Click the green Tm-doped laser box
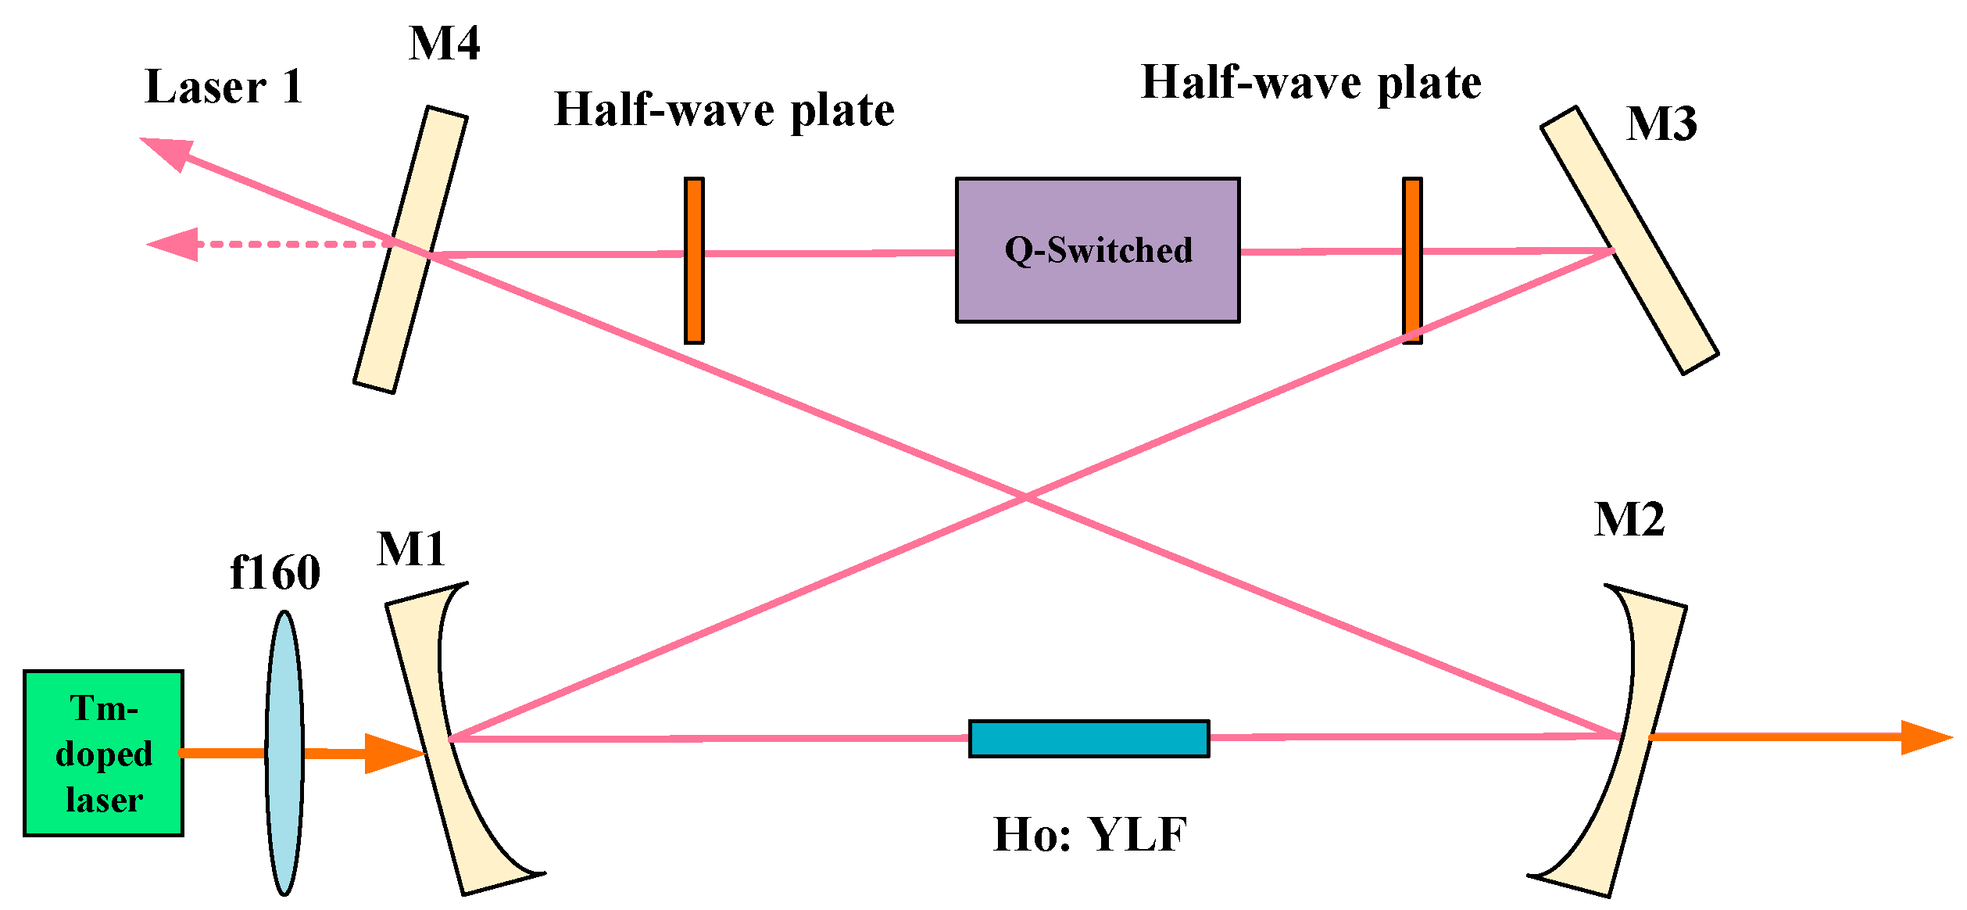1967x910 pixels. pyautogui.click(x=103, y=753)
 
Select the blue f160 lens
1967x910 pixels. pyautogui.click(x=284, y=753)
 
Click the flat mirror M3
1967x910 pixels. pyautogui.click(x=1630, y=240)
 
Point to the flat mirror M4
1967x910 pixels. pyautogui.click(x=410, y=250)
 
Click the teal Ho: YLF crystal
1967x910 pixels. pyautogui.click(x=1089, y=738)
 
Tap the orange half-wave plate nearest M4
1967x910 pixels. pyautogui.click(x=694, y=260)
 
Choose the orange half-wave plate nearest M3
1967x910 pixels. pyautogui.click(x=1411, y=260)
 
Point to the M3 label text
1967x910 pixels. pyautogui.click(x=1661, y=124)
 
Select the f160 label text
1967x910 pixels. pyautogui.click(x=275, y=572)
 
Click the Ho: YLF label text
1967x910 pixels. pyautogui.click(x=1090, y=834)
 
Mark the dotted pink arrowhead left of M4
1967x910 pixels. pyautogui.click(x=176, y=245)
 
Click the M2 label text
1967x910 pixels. pyautogui.click(x=1629, y=519)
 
